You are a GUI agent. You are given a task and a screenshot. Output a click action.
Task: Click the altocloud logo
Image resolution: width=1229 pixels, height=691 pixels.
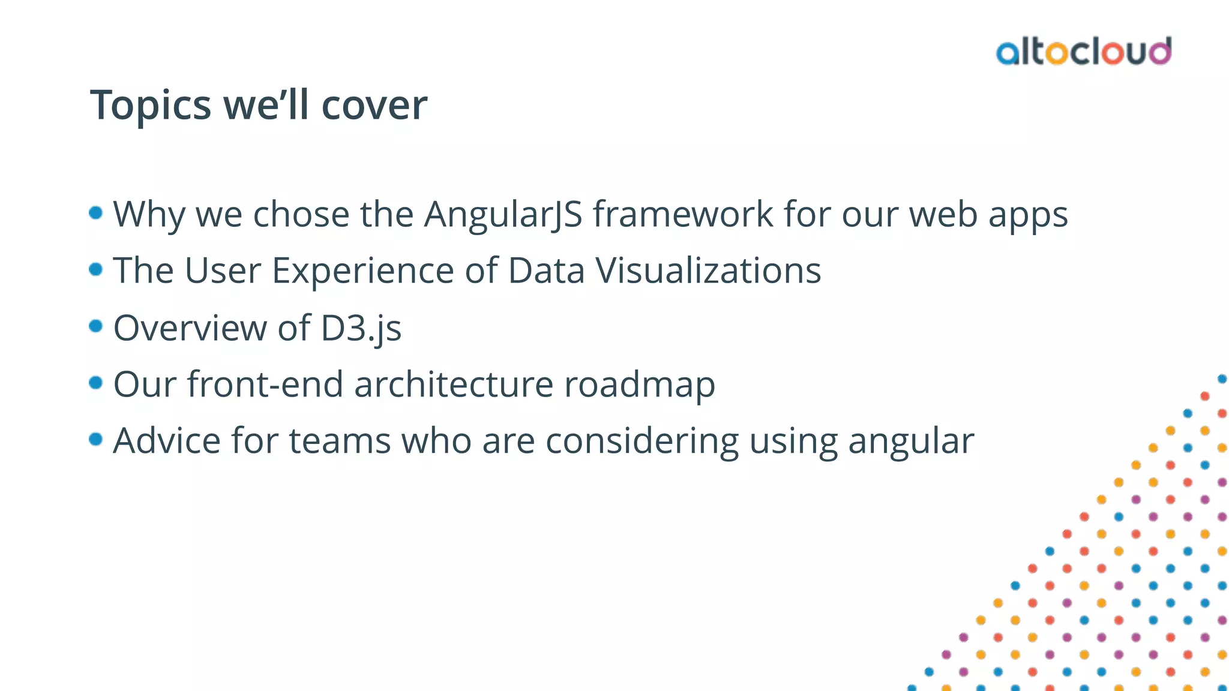point(1083,52)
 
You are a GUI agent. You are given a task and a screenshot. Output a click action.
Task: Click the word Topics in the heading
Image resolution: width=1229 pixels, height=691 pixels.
point(150,106)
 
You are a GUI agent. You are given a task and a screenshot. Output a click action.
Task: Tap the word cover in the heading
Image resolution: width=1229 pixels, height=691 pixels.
point(374,106)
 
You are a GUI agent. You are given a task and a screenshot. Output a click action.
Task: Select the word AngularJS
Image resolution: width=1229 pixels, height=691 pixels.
point(503,215)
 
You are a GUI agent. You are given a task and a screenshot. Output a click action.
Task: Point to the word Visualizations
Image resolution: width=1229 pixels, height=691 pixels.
point(708,271)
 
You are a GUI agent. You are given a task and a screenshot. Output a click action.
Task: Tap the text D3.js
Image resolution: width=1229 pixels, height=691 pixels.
point(361,329)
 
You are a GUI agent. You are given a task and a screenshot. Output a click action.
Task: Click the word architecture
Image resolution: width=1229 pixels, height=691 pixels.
point(453,384)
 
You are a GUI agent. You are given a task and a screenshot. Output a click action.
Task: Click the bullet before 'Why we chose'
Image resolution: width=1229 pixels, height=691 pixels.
point(95,213)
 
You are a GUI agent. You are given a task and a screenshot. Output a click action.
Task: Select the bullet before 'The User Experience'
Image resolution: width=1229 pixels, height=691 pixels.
point(95,269)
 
